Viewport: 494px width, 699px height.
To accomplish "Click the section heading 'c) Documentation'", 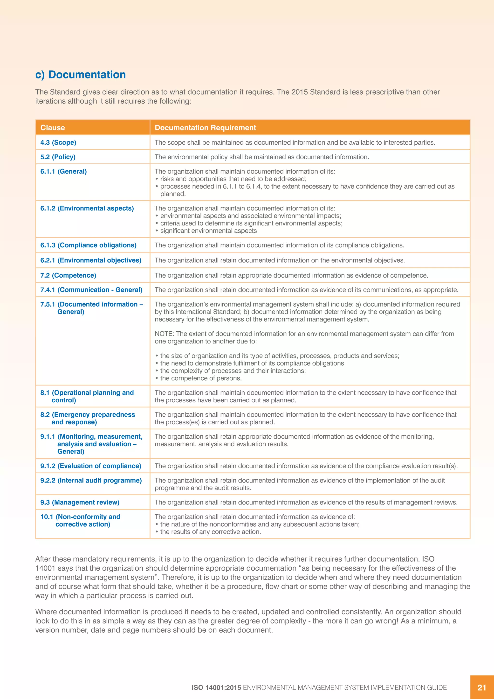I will [80, 75].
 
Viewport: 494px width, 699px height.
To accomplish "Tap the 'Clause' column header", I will [53, 127].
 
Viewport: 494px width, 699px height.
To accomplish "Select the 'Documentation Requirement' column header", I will [205, 127].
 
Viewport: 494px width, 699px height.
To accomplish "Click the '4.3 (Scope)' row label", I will [58, 142].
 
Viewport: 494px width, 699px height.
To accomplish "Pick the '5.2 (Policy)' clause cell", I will [58, 157].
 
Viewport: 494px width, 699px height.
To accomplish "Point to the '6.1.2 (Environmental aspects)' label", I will [87, 208].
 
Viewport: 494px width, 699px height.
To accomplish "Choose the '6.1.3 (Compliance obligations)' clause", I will [88, 245].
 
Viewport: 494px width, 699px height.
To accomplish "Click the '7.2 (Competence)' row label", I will [68, 275].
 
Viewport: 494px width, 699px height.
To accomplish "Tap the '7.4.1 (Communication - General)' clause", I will [91, 290].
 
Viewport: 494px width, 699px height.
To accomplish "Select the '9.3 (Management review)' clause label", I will [80, 502].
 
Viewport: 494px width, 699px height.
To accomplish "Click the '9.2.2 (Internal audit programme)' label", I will [91, 480].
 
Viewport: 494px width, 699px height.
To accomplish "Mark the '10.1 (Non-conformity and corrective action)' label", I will [81, 521].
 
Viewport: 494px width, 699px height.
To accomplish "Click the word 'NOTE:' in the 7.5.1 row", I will [164, 334].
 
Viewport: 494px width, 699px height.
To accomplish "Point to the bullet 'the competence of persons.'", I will [201, 378].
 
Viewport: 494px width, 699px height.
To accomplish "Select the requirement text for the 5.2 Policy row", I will [262, 157].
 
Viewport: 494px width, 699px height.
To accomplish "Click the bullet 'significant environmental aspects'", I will [208, 231].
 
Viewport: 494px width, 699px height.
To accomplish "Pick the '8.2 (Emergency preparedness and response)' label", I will [88, 418].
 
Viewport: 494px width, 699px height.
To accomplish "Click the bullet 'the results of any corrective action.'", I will [211, 532].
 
